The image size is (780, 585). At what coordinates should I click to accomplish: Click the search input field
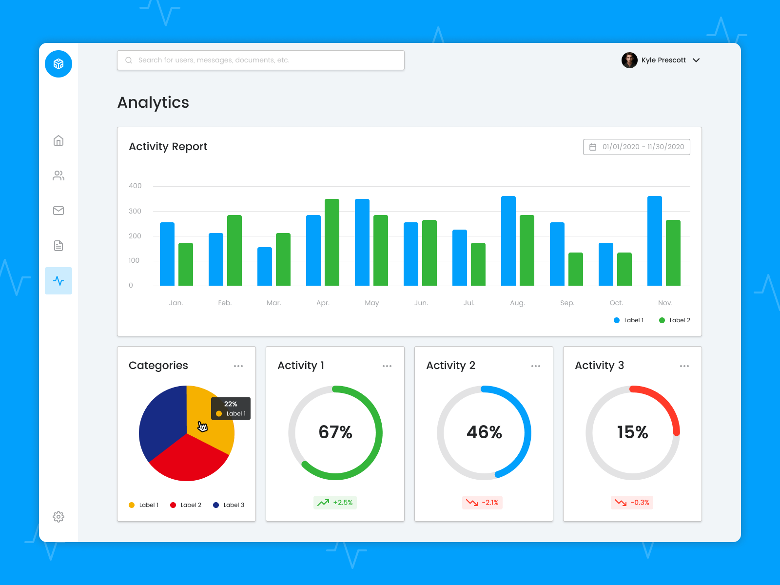261,60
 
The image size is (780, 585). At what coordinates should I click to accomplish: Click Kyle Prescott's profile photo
629,60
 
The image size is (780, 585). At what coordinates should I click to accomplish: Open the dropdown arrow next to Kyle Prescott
696,60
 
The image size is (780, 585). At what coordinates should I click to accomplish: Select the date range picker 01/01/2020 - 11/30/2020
636,147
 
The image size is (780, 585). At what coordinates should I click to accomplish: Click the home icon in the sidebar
58,141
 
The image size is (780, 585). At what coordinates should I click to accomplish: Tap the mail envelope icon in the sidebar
58,211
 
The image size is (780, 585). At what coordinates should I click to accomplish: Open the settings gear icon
58,517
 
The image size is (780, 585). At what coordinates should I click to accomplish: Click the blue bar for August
508,241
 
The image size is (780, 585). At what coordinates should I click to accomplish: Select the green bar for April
332,242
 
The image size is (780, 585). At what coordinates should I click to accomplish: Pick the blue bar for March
265,266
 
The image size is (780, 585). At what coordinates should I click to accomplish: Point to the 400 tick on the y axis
135,186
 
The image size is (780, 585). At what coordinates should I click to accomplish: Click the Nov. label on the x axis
665,303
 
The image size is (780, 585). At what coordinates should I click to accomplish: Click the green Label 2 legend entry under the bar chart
675,320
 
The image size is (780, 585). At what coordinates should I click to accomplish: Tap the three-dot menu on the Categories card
238,366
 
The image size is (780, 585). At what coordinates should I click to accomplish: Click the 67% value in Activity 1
335,432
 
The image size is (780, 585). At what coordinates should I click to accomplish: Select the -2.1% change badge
482,503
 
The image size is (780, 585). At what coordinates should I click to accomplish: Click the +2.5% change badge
335,503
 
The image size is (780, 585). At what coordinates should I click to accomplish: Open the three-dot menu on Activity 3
684,366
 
